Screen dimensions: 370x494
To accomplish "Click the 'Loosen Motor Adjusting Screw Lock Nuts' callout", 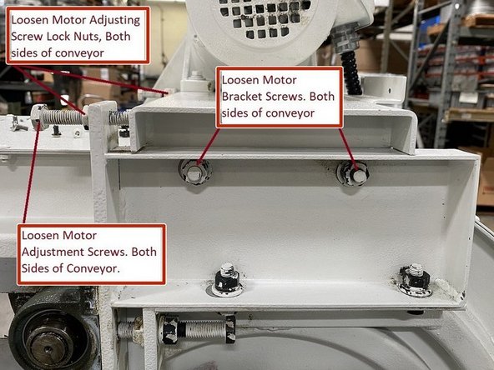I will tap(77, 34).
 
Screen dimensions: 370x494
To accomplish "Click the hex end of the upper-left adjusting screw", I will tap(38, 112).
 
